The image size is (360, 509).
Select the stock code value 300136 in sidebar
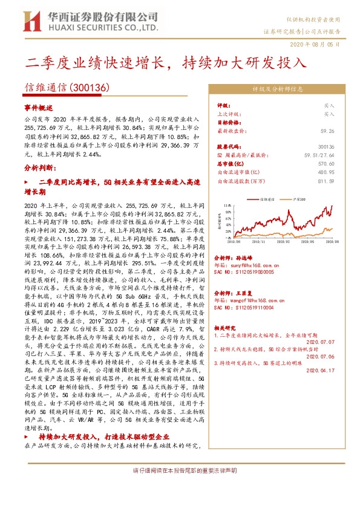pyautogui.click(x=326, y=146)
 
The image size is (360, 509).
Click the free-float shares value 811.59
pyautogui.click(x=326, y=180)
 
